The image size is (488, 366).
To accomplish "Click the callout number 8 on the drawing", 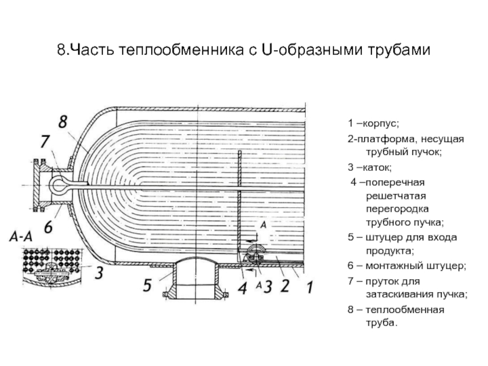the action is pyautogui.click(x=62, y=121).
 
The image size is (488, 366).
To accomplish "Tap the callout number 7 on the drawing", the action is pyautogui.click(x=45, y=142).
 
